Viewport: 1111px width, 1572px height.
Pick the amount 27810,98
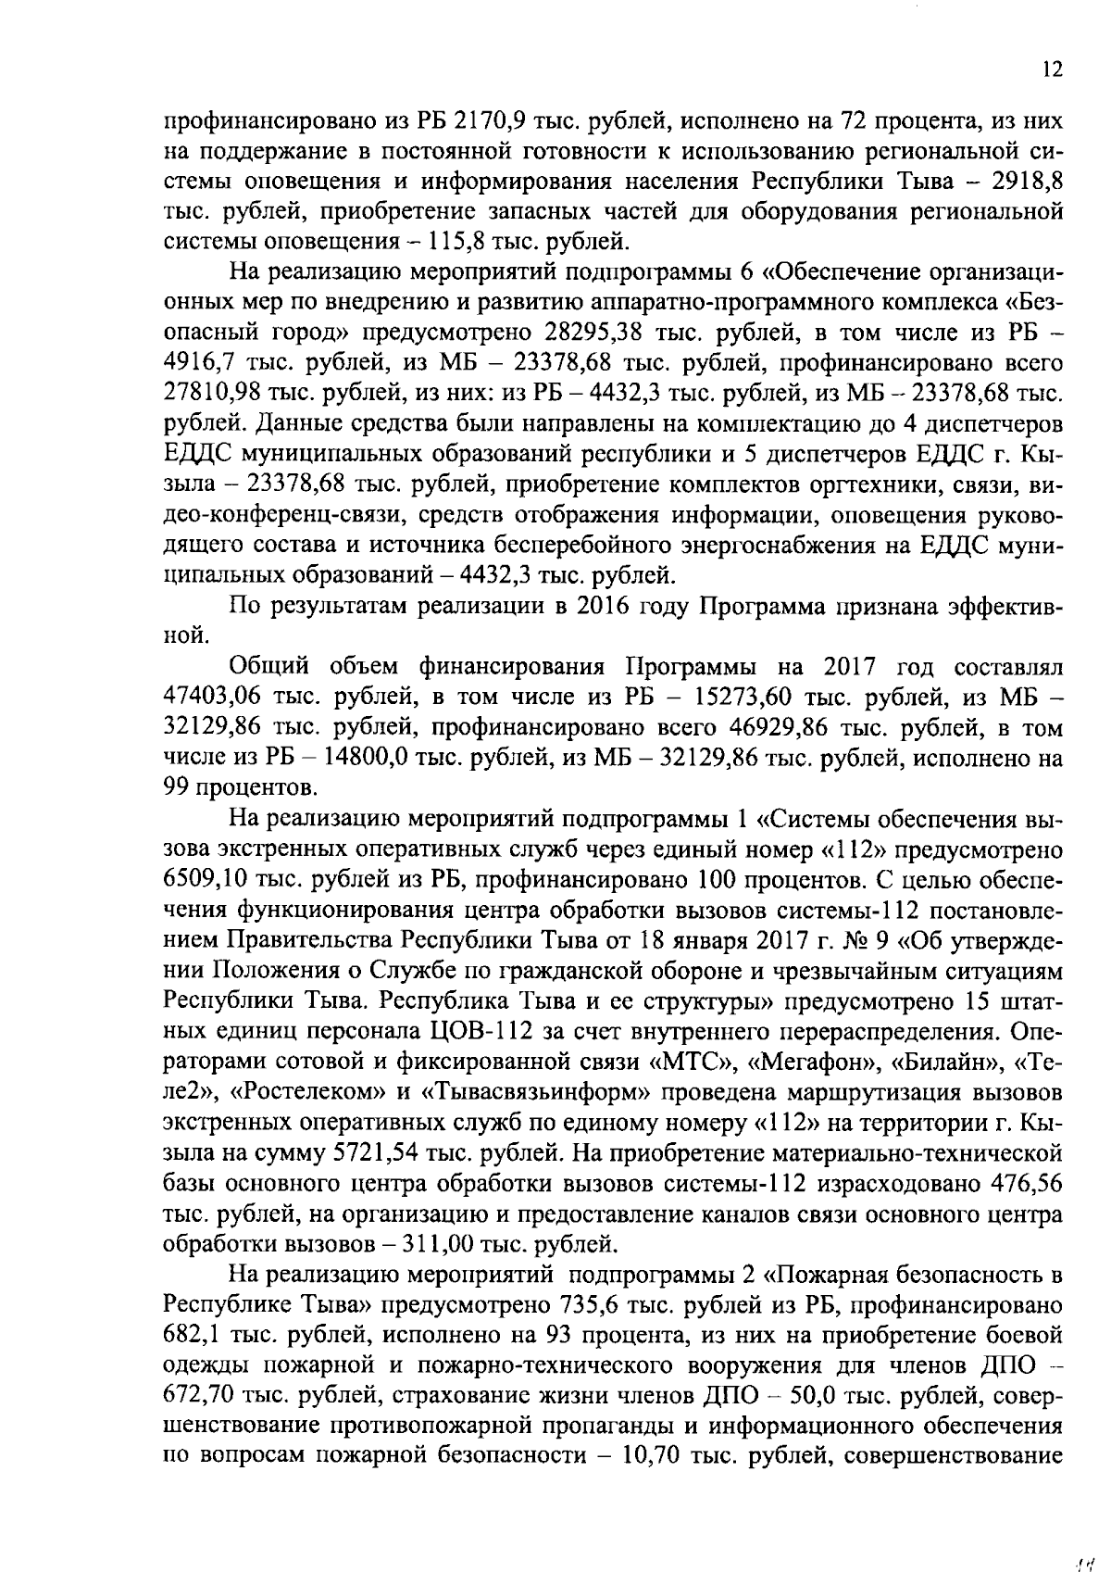pyautogui.click(x=210, y=395)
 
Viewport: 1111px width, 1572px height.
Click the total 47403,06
pyautogui.click(x=210, y=698)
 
